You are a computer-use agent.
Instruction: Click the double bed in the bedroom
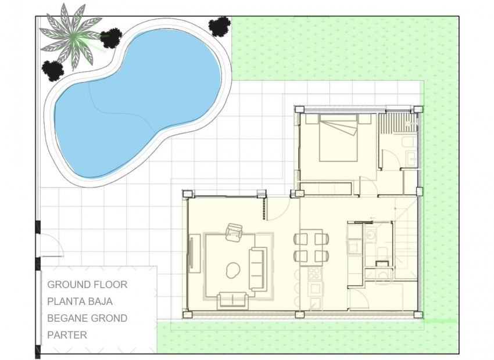(338, 138)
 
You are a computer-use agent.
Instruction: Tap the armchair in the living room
(235, 232)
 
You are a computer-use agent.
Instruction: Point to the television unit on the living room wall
(191, 254)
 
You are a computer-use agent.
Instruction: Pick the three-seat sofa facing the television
(257, 269)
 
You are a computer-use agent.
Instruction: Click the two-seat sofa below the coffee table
(232, 300)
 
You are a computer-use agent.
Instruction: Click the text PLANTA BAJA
(80, 301)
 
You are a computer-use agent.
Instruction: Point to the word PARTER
(67, 335)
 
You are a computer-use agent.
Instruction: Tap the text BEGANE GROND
(87, 318)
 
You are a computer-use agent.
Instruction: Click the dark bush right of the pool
(219, 26)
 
